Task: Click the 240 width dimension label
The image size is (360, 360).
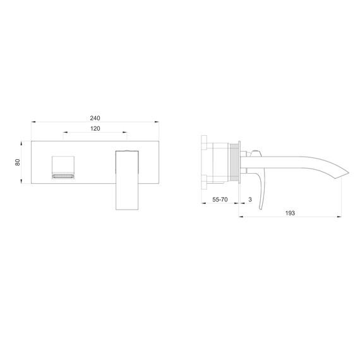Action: click(95, 118)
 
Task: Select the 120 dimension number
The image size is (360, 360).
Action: click(95, 129)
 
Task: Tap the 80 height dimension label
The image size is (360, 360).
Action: click(18, 162)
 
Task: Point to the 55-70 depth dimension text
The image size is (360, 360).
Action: click(220, 199)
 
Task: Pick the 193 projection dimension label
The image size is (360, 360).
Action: click(290, 213)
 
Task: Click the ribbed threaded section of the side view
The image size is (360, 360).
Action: click(236, 162)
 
